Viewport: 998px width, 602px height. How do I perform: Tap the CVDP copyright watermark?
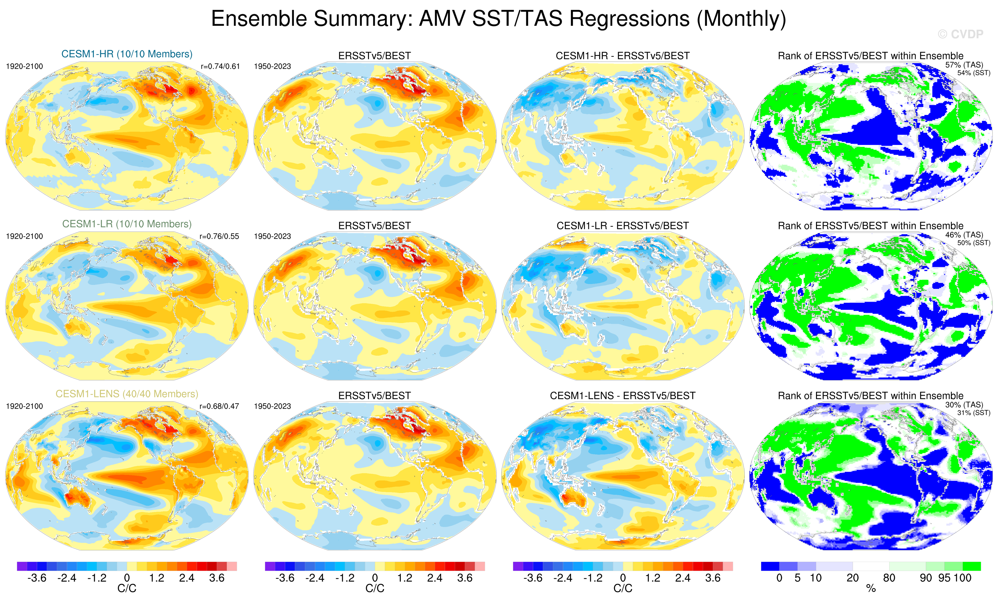coord(960,34)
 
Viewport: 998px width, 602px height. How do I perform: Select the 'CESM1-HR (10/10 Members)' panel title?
coord(127,54)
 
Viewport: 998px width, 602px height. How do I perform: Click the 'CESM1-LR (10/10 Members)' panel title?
coord(127,224)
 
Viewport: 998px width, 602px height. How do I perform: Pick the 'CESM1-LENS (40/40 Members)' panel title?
coord(127,394)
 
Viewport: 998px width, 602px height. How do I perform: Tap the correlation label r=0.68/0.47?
coord(219,406)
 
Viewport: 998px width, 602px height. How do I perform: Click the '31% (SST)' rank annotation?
coord(973,413)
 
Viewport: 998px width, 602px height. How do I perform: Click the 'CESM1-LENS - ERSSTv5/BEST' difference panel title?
coord(623,396)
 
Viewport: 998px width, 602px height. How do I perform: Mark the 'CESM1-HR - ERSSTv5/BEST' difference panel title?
coord(623,56)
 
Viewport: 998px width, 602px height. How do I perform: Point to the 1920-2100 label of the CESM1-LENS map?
coord(24,406)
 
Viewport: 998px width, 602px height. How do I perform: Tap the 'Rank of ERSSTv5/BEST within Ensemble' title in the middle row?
coord(870,226)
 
